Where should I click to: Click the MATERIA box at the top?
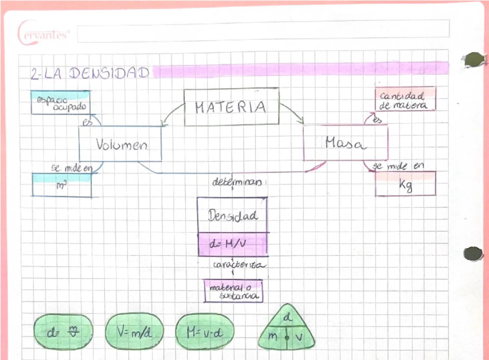tap(231, 107)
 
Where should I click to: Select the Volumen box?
tap(120, 144)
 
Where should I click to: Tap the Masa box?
tap(345, 143)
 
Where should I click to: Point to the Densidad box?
tap(232, 215)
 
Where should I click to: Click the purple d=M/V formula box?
tap(232, 244)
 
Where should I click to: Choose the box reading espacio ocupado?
tap(60, 103)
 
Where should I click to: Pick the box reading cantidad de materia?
tap(405, 100)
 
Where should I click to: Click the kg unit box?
tap(405, 184)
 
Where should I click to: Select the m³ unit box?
tap(62, 185)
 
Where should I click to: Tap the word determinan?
tap(237, 182)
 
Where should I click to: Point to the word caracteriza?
tap(239, 265)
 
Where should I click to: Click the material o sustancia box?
tap(233, 291)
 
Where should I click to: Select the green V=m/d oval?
tap(134, 331)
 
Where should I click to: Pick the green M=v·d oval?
tap(204, 332)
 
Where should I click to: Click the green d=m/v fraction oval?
tap(63, 332)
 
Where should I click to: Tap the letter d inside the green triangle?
tap(287, 317)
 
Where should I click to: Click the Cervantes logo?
tap(43, 34)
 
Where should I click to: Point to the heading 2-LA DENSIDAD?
tap(90, 73)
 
